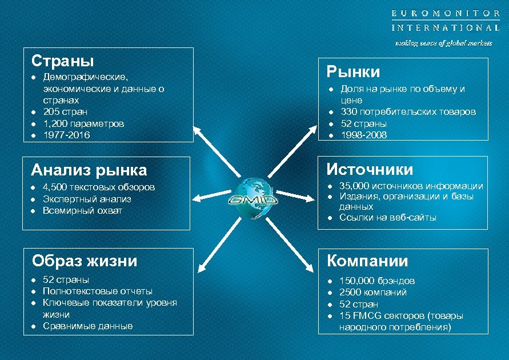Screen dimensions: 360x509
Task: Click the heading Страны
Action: click(63, 61)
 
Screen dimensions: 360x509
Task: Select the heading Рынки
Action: click(353, 71)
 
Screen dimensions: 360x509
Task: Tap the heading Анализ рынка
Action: click(89, 170)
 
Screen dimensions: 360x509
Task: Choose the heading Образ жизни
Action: click(85, 261)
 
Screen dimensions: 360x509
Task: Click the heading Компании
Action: click(367, 261)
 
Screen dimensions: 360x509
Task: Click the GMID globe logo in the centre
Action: click(254, 198)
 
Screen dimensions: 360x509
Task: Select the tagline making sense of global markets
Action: click(444, 43)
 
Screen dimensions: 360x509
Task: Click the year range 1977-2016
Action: click(66, 135)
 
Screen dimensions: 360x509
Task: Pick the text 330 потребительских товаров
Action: click(408, 111)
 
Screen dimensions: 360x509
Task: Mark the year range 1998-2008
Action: click(363, 135)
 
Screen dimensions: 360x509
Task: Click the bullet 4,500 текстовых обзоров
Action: click(98, 187)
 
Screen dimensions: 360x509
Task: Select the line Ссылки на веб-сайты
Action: click(387, 217)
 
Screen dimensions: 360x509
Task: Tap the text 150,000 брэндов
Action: click(377, 281)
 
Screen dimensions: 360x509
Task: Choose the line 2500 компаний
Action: click(373, 292)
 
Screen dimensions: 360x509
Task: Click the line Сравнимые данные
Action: click(87, 326)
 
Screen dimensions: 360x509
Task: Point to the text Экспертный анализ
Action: click(87, 199)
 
